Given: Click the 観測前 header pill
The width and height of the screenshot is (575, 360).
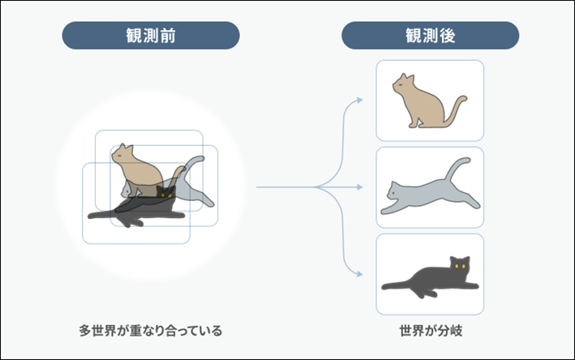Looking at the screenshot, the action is pos(151,36).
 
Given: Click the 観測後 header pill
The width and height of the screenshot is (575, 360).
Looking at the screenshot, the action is pos(430,36).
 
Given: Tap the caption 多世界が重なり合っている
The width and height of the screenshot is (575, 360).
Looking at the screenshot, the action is pos(151,331).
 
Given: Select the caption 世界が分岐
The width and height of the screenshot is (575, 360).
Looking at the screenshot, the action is pos(431,331).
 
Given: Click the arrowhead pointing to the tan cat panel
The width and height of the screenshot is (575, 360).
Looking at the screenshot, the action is pos(359,100).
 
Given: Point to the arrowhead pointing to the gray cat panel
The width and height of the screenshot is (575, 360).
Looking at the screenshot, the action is pos(359,187).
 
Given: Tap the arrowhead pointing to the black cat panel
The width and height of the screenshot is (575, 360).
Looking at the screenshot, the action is pos(359,274).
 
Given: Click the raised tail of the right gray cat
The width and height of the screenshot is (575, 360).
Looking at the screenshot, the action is pos(456,169).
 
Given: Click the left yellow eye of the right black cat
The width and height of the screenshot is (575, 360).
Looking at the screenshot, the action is pos(457,266).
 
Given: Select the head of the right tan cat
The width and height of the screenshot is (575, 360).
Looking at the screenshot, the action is pos(403,84).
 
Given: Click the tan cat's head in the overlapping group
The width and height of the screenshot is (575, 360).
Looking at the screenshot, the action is pos(122,153).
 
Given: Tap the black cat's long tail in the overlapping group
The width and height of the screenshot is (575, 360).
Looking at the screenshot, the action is pos(104,215).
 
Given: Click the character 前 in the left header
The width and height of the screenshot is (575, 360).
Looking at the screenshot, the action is pos(167,36).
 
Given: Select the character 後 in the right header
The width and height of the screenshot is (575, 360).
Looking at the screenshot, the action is pos(447,36).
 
